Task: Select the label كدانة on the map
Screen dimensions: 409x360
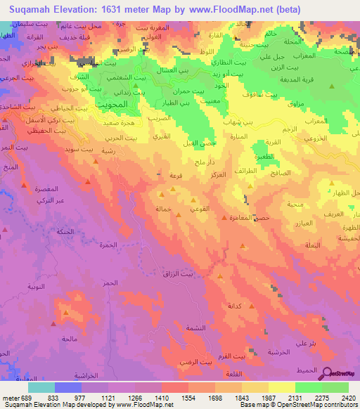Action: [x=234, y=306]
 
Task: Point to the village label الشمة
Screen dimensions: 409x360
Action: [x=196, y=328]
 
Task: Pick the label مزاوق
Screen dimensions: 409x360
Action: [x=297, y=103]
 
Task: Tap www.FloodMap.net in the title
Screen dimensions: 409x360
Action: [x=240, y=9]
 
